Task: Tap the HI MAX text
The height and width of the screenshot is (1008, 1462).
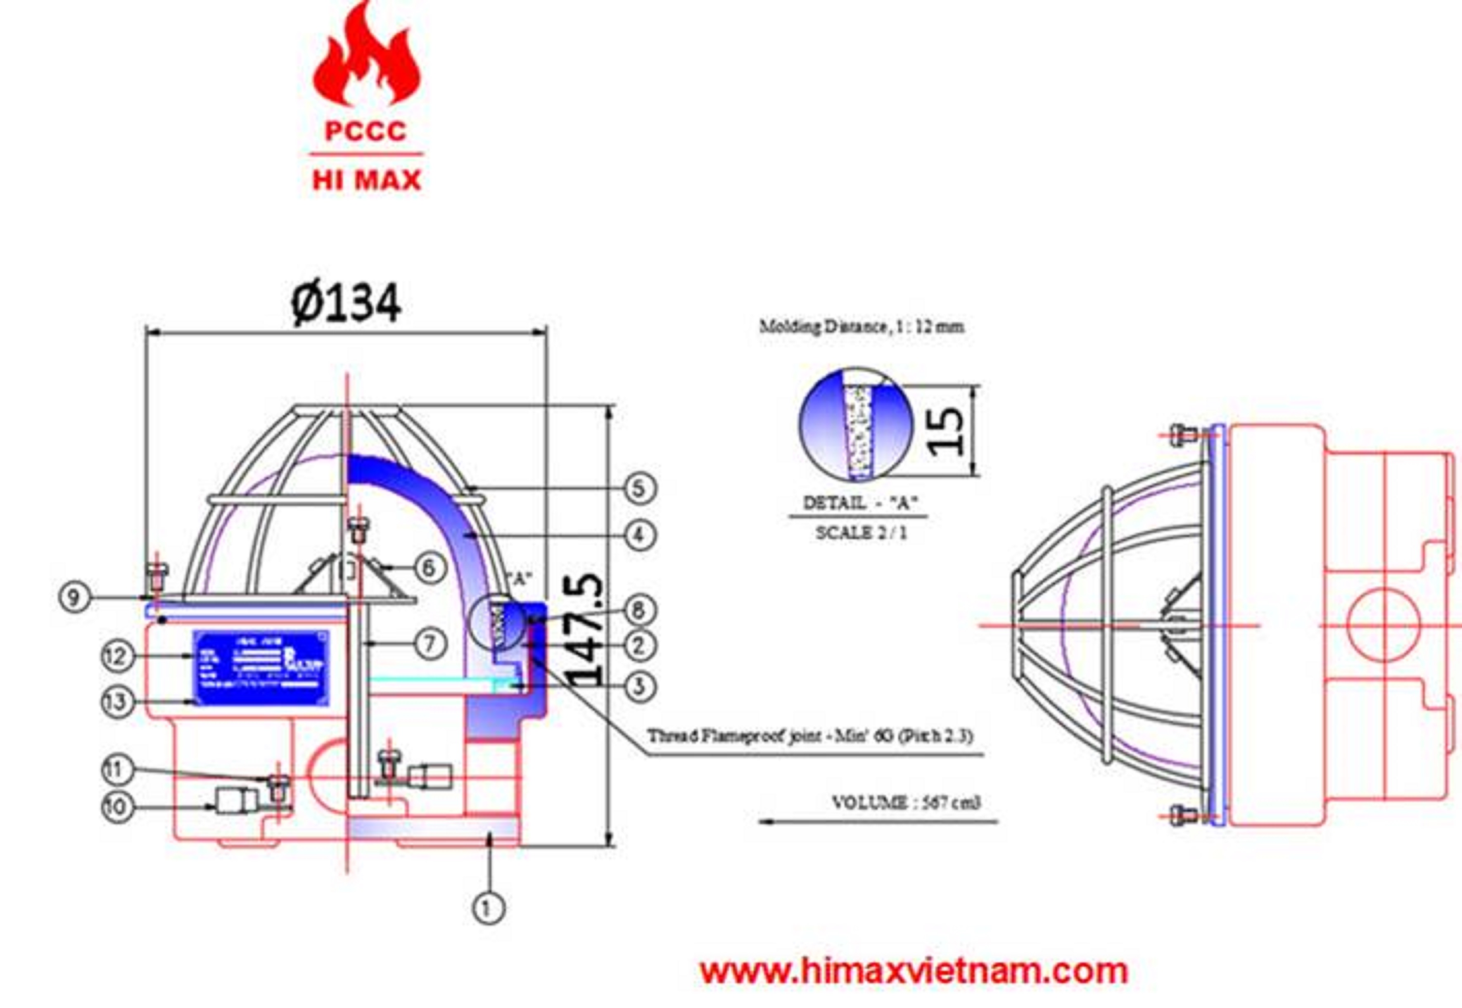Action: (367, 181)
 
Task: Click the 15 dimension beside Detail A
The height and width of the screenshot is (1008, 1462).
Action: (947, 431)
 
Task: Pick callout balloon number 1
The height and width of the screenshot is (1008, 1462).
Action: (489, 910)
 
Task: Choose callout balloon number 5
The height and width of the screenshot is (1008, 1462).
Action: (639, 488)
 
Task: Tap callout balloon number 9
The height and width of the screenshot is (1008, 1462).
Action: (74, 597)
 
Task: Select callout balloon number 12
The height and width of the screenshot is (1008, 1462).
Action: (117, 656)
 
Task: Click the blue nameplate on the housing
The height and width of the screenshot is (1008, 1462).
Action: (261, 667)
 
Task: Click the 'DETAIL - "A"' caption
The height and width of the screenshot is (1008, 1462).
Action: (860, 503)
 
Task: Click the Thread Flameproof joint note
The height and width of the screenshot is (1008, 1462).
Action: (810, 736)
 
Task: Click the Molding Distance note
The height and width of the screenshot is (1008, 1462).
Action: (861, 326)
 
